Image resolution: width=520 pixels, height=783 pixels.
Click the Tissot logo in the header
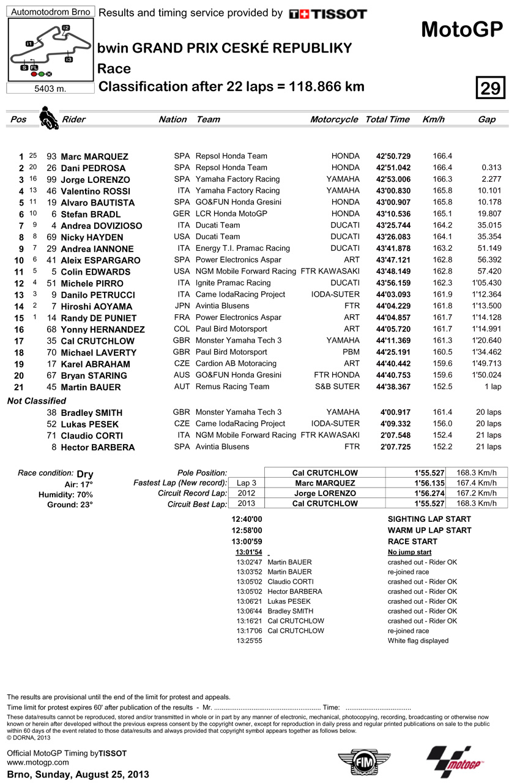pyautogui.click(x=328, y=13)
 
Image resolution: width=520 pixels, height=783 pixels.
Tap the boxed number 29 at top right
pyautogui.click(x=489, y=89)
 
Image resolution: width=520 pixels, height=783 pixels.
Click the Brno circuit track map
pyautogui.click(x=50, y=50)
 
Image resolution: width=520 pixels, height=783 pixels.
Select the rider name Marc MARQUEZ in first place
pyautogui.click(x=94, y=157)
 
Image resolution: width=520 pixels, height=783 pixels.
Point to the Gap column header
pyautogui.click(x=486, y=119)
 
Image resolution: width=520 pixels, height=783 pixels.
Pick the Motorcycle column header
pyautogui.click(x=334, y=119)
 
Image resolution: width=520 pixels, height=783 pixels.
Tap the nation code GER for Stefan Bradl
pyautogui.click(x=182, y=214)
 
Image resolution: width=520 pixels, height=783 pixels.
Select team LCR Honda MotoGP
pyautogui.click(x=231, y=214)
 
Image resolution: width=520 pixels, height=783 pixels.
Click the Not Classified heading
pyautogui.click(x=36, y=401)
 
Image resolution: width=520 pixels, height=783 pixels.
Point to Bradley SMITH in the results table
pyautogui.click(x=91, y=413)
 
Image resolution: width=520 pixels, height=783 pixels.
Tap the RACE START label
pyautogui.click(x=412, y=541)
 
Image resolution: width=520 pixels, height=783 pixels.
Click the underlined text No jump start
pyautogui.click(x=409, y=552)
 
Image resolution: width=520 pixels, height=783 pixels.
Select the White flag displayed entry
pyautogui.click(x=418, y=640)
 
